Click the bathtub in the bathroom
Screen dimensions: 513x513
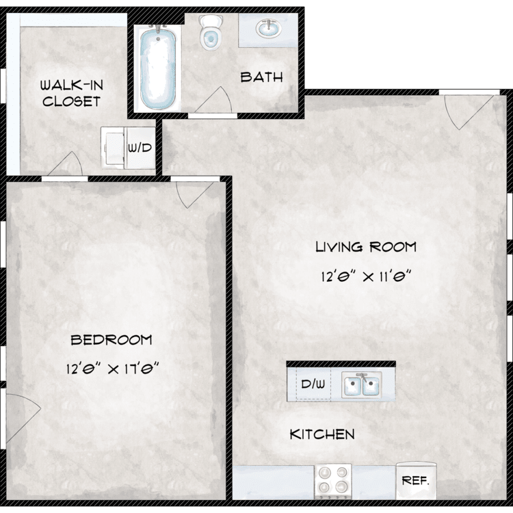click(158, 68)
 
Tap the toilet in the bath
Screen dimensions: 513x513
click(210, 33)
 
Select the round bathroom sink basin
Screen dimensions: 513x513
click(268, 29)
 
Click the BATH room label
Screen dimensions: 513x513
click(261, 77)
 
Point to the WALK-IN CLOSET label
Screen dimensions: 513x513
click(72, 93)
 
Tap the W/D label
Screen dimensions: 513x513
click(140, 148)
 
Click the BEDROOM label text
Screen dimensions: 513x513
click(111, 340)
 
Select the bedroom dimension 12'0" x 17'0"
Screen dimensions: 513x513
click(112, 369)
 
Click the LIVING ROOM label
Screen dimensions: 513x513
click(366, 247)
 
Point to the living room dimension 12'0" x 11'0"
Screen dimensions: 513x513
click(365, 276)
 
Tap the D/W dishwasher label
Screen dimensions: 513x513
click(313, 384)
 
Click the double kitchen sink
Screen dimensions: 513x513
click(362, 384)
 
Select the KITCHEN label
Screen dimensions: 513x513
click(322, 434)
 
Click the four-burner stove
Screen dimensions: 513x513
click(333, 481)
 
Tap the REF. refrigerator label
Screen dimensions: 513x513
click(415, 481)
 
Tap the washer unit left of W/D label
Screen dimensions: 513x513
click(113, 148)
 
